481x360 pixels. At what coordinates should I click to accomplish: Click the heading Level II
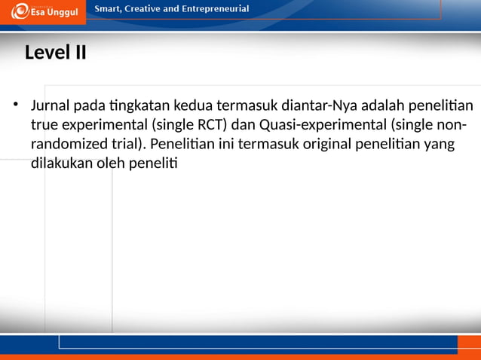pyautogui.click(x=55, y=53)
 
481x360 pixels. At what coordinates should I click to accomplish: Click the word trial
pyautogui.click(x=127, y=143)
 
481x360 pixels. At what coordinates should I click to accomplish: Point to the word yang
pyautogui.click(x=440, y=143)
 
